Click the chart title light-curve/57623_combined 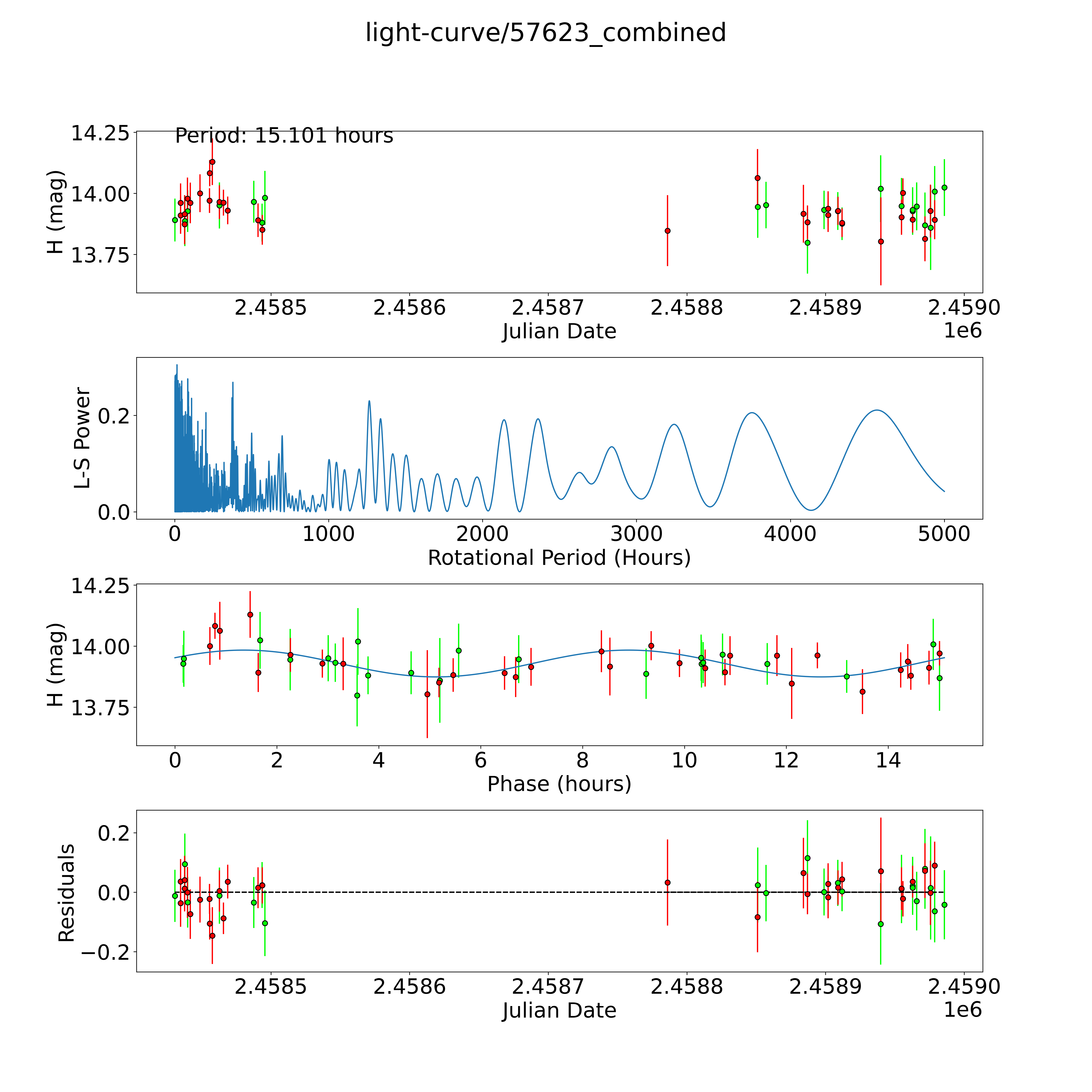(x=545, y=33)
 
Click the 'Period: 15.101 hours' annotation (x=284, y=136)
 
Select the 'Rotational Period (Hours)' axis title (x=559, y=558)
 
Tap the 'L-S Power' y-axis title (x=83, y=438)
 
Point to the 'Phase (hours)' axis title (x=559, y=784)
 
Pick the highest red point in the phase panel (x=250, y=614)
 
